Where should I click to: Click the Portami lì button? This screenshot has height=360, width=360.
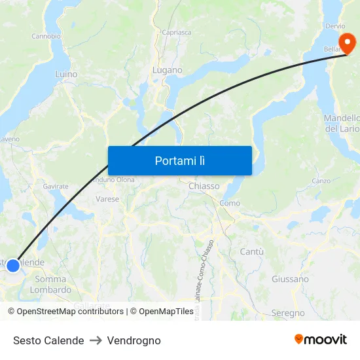[179, 160]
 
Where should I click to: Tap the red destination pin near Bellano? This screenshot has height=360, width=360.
[349, 44]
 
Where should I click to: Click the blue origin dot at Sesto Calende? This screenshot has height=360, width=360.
[12, 266]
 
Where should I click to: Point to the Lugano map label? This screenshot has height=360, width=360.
[167, 70]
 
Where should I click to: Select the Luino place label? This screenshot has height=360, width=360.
[66, 75]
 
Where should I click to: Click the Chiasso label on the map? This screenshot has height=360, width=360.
[204, 187]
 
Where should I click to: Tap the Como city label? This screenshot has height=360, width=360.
[230, 204]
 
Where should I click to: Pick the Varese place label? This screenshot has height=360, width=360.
[107, 199]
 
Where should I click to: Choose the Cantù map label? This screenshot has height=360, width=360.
[251, 252]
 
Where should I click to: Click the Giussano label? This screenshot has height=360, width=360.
[290, 279]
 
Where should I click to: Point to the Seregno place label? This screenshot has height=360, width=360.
[287, 314]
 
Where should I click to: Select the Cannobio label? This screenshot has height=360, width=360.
[46, 36]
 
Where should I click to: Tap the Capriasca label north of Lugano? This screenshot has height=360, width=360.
[177, 31]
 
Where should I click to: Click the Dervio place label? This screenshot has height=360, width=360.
[334, 27]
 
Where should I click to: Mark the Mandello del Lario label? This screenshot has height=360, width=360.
[342, 123]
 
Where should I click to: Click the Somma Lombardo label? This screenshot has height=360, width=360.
[50, 285]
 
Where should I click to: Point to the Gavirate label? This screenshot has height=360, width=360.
[56, 187]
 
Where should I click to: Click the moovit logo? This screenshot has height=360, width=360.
[321, 340]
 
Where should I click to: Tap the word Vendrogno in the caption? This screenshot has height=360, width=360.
[134, 340]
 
